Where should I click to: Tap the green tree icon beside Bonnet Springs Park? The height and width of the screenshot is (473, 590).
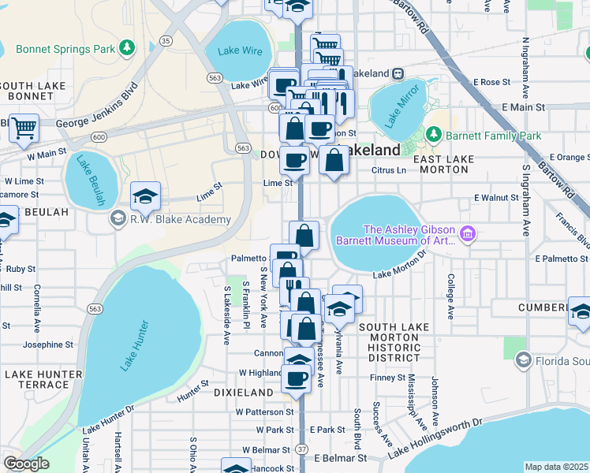tap(126, 49)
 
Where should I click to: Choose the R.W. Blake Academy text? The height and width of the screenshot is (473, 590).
tap(180, 219)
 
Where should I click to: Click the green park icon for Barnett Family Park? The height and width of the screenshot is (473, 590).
tap(432, 136)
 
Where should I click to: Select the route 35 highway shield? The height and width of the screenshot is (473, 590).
tap(166, 39)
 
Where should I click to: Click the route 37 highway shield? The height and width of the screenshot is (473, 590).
tap(302, 449)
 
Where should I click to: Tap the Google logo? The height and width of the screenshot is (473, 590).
tap(26, 464)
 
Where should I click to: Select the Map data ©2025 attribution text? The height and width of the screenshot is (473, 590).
tap(557, 467)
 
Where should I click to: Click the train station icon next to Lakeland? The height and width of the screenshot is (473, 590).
tap(398, 73)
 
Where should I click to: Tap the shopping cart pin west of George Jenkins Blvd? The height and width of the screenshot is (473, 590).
tap(24, 126)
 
